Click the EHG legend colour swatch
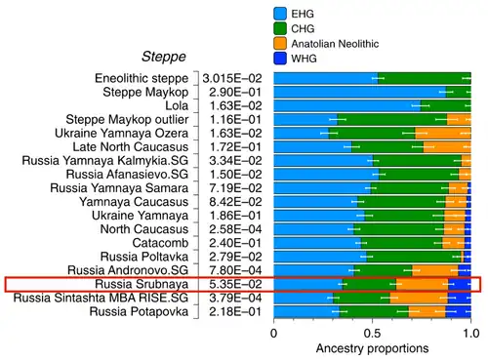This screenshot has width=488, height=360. click(280, 14)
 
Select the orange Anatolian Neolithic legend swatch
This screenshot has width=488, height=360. click(280, 44)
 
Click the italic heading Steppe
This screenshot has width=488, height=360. click(164, 57)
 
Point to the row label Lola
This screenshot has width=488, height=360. click(177, 105)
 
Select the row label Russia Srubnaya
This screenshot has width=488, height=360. click(142, 284)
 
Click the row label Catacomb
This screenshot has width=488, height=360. click(160, 243)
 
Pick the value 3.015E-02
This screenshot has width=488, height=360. click(232, 78)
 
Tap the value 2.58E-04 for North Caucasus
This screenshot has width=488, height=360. click(235, 229)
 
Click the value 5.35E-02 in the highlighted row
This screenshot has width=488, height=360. click(235, 284)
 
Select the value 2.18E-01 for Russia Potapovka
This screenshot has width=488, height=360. click(235, 311)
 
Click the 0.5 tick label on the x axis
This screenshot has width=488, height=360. click(372, 334)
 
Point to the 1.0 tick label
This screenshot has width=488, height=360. click(471, 334)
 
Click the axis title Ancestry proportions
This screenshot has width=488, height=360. click(372, 348)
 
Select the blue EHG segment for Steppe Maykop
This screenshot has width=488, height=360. click(360, 93)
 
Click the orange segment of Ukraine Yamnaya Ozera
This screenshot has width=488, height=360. click(443, 134)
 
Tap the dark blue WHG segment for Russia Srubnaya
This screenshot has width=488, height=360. click(460, 284)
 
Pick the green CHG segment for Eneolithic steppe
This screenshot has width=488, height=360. click(425, 78)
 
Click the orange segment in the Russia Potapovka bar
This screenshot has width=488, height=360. click(427, 311)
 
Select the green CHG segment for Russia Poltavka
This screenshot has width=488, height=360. click(414, 257)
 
